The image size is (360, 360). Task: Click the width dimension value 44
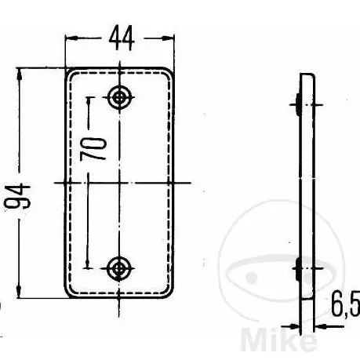click(122, 38)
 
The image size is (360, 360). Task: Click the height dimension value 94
click(18, 196)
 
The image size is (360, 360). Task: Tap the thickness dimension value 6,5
click(346, 304)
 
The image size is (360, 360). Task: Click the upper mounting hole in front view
click(119, 97)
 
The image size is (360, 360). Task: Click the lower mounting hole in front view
click(119, 268)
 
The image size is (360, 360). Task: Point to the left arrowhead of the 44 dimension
click(71, 38)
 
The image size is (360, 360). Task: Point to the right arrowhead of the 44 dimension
click(168, 38)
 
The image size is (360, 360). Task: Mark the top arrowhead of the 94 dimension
click(19, 75)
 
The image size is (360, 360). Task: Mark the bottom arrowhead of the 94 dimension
click(19, 292)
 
